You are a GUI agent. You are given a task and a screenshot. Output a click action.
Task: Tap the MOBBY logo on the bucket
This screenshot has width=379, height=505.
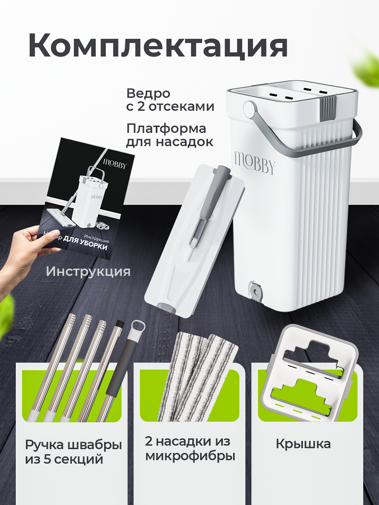coord(255,162)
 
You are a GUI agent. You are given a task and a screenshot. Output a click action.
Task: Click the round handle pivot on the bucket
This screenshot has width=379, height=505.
coord(250,108)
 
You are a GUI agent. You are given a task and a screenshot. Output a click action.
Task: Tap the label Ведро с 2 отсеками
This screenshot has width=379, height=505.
coord(170,100)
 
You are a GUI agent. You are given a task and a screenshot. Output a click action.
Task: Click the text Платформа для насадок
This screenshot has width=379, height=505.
coord(170,135)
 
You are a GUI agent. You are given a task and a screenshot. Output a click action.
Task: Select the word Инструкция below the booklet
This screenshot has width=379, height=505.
coord(88,271)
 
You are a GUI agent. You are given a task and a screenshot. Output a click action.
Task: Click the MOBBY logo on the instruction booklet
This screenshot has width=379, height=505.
coord(115,164)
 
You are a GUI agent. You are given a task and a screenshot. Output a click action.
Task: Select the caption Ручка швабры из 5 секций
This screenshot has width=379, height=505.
coord(73,452)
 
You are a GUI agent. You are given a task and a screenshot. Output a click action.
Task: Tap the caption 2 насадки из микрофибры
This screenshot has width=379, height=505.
coord(190,449)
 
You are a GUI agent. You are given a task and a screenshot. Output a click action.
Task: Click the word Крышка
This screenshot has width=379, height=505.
coord(303,444)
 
